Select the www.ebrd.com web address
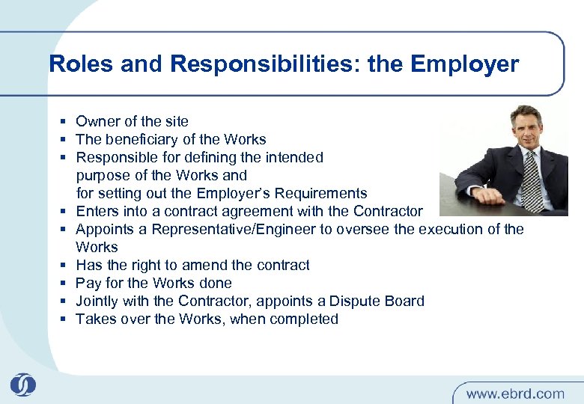515,393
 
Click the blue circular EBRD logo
23,386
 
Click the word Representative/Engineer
240,229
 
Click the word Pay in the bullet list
88,283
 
